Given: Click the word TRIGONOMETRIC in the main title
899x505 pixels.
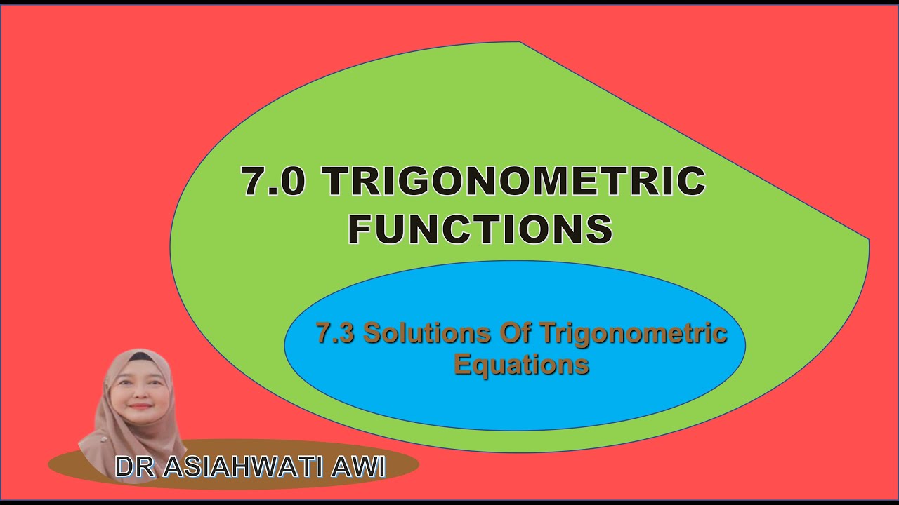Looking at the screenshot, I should coord(514,182).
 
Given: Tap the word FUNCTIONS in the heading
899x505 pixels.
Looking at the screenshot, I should coord(480,229).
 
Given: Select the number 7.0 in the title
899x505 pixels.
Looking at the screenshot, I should coord(273,182).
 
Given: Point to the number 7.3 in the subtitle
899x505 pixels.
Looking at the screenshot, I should coord(334,333).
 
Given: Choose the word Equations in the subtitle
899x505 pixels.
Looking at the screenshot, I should coord(521,364).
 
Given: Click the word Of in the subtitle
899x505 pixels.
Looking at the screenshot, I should coord(518,333).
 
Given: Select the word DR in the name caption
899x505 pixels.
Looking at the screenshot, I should coord(136,468).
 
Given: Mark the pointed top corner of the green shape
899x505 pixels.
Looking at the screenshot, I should coord(520,43).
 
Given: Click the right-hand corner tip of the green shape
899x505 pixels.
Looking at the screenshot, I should coord(868,241).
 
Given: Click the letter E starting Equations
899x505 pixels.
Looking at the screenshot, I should coord(463,364).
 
